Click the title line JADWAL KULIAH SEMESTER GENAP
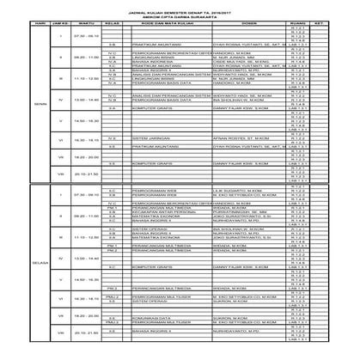point(180,15)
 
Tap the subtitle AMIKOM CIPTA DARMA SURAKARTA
point(180,20)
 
